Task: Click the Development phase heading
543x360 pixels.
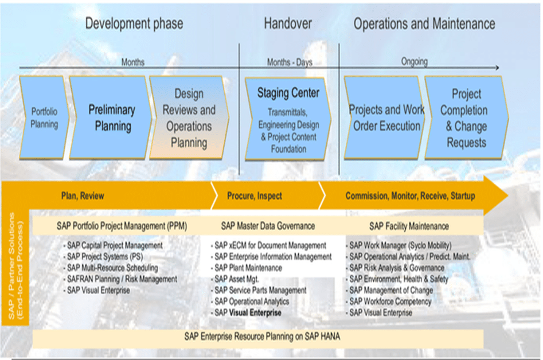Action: pyautogui.click(x=134, y=24)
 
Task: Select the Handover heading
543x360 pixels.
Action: pyautogui.click(x=288, y=24)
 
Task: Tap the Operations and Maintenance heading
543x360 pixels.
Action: pyautogui.click(x=424, y=24)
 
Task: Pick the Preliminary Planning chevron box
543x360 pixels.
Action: pyautogui.click(x=111, y=118)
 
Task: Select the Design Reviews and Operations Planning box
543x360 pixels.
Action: pyautogui.click(x=189, y=118)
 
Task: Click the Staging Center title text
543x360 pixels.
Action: pyautogui.click(x=288, y=92)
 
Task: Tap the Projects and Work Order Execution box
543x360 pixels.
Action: pyautogui.click(x=386, y=118)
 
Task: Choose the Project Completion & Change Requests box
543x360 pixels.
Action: pyautogui.click(x=466, y=118)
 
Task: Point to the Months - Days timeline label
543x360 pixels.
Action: pyautogui.click(x=289, y=62)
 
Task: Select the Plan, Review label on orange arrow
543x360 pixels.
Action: pyautogui.click(x=83, y=196)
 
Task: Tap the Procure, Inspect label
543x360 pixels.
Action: pyautogui.click(x=255, y=196)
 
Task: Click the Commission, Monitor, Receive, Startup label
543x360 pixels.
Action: pyautogui.click(x=410, y=196)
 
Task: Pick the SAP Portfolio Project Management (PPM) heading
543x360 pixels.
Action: pyautogui.click(x=122, y=226)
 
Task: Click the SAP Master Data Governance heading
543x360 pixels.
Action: pyautogui.click(x=268, y=226)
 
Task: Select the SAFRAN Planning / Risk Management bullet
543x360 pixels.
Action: pyautogui.click(x=122, y=279)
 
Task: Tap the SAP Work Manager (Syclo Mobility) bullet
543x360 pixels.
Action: pyautogui.click(x=400, y=245)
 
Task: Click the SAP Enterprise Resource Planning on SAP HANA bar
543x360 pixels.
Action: pyautogui.click(x=262, y=336)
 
